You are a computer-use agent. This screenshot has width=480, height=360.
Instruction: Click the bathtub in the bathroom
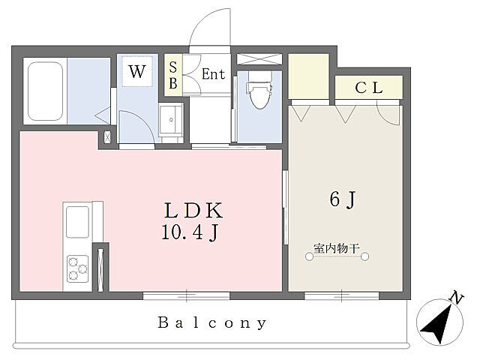(x=45, y=91)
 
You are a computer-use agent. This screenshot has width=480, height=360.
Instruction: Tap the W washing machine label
(x=136, y=72)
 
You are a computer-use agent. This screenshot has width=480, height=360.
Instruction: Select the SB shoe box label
(x=173, y=75)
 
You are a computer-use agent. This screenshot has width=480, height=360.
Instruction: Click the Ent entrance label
(x=213, y=74)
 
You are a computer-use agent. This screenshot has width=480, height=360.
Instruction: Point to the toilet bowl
(x=259, y=91)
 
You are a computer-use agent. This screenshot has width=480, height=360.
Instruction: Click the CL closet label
(x=369, y=88)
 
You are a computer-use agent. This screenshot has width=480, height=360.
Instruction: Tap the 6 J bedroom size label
(x=343, y=199)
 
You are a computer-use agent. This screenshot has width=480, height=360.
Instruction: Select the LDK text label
(x=193, y=211)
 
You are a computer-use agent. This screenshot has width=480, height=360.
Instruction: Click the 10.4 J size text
(x=190, y=233)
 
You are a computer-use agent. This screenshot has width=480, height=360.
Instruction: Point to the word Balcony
(x=211, y=323)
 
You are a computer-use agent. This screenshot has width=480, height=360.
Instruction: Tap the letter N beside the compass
(x=457, y=298)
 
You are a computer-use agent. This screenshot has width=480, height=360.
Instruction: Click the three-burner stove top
(x=78, y=268)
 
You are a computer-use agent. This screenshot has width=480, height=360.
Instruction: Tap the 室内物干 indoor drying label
(x=337, y=248)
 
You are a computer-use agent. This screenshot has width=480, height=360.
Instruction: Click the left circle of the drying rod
(x=310, y=256)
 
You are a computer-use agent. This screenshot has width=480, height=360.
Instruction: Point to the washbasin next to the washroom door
(x=171, y=119)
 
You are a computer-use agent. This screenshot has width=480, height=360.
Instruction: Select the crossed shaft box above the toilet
(x=259, y=59)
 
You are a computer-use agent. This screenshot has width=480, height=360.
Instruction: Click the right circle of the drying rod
(x=364, y=256)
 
